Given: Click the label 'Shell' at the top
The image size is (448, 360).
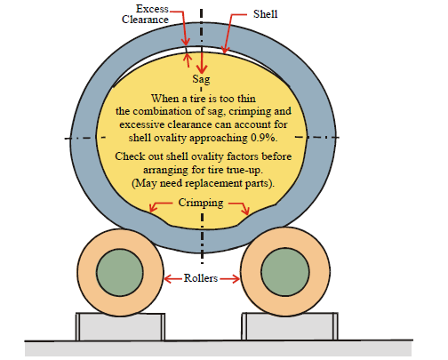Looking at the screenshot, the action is pos(265,14).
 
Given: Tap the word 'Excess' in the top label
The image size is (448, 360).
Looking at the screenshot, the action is pos(152,9).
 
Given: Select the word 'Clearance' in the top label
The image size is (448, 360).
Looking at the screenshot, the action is pos(145,20).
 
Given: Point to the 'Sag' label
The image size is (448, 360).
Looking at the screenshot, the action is pos(201,79).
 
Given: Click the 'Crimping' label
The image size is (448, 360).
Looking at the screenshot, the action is pos(201,203).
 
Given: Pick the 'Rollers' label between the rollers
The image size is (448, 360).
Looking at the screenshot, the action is pos(201,278).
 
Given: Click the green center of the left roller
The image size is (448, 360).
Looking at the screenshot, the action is pos(120,272).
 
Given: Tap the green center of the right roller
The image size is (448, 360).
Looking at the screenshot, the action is pos(285,272).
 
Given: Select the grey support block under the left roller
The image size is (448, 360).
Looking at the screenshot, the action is pos(120,327).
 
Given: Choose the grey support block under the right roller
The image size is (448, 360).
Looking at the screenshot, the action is pos(290,326).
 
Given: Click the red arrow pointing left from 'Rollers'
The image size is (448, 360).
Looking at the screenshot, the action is pos(173,278).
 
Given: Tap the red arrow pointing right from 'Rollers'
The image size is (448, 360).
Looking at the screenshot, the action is pos(230,278).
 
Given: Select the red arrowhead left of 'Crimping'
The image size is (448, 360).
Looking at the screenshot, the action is pos(152,208).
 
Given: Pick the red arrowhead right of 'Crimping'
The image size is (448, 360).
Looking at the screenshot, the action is pos(245,210).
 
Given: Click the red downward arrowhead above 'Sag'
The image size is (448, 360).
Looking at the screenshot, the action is pos(202,70).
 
